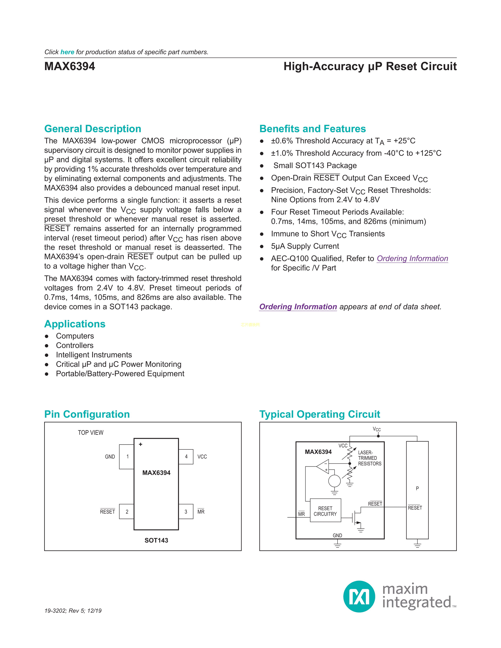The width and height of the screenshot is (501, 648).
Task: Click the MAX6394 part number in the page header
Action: pyautogui.click(x=70, y=66)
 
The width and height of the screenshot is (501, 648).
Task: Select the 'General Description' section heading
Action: pyautogui.click(x=93, y=129)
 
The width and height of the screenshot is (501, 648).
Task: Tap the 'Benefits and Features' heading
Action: pyautogui.click(x=313, y=129)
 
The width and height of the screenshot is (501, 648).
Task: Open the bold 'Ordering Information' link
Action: pyautogui.click(x=298, y=307)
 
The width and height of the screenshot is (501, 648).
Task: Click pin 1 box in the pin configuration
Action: pyautogui.click(x=127, y=457)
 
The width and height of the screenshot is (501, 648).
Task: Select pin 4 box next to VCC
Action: pyautogui.click(x=186, y=457)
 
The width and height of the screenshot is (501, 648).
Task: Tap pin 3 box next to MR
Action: pyautogui.click(x=186, y=512)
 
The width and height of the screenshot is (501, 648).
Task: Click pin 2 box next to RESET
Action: pyautogui.click(x=127, y=512)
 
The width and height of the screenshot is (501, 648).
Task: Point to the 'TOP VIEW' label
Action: pyautogui.click(x=91, y=433)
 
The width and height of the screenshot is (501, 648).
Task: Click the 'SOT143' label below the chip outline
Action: pyautogui.click(x=156, y=540)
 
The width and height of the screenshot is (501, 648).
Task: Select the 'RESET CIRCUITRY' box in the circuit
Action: pyautogui.click(x=325, y=511)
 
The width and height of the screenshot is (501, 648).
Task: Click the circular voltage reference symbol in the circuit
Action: pyautogui.click(x=335, y=481)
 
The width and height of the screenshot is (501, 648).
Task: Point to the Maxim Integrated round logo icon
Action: pyautogui.click(x=359, y=596)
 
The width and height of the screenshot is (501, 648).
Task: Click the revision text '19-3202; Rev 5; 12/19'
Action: pyautogui.click(x=73, y=611)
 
